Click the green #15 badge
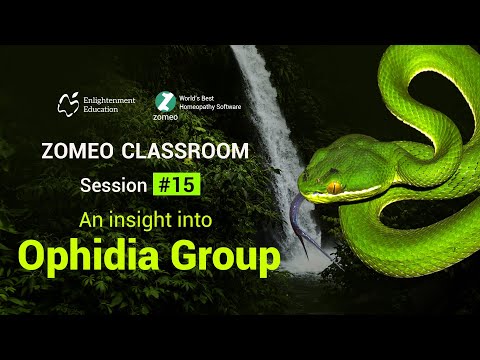click(177, 184)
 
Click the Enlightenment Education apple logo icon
click(69, 102)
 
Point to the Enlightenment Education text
click(113, 104)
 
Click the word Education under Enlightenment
click(103, 109)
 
